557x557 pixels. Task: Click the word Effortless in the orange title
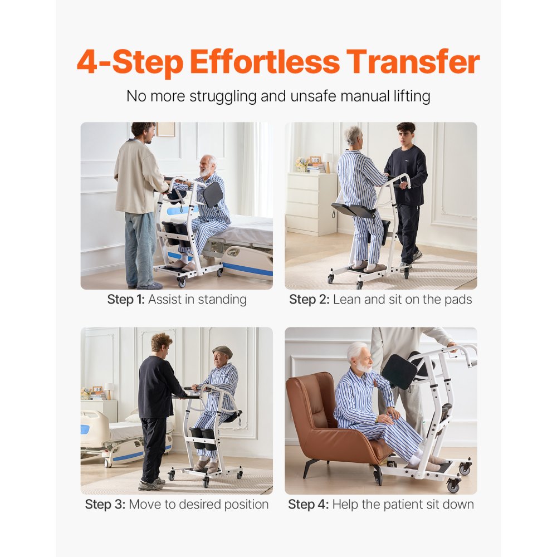click(264, 62)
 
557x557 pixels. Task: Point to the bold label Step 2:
click(309, 300)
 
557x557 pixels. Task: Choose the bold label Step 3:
click(105, 505)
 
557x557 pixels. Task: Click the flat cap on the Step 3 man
click(223, 350)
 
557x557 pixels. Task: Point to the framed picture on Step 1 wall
click(165, 129)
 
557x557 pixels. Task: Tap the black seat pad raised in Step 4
click(399, 372)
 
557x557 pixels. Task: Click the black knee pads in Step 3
click(202, 437)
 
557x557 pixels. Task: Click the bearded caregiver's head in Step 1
click(143, 133)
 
